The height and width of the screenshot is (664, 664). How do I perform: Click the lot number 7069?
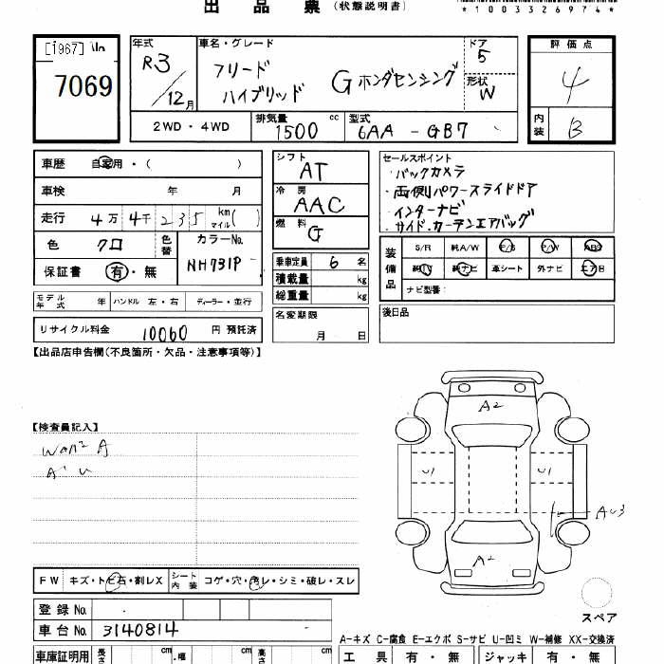(84, 88)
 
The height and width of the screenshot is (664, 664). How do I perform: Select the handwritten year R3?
(156, 65)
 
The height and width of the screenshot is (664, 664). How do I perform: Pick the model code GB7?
(445, 131)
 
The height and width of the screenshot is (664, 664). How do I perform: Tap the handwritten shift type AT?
(312, 171)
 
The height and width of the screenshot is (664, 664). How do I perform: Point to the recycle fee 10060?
(164, 333)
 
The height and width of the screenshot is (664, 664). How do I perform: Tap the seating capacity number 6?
(333, 263)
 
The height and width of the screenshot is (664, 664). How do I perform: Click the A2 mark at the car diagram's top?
(489, 407)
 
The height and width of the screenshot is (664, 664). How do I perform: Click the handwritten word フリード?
(241, 69)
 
